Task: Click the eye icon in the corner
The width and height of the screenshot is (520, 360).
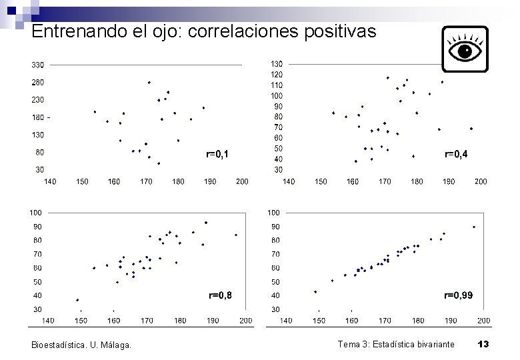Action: tap(465, 49)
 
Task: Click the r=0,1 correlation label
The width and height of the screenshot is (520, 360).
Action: tap(217, 154)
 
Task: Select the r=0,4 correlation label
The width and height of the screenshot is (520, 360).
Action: tap(456, 154)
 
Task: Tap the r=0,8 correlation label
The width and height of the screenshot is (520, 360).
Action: tap(220, 295)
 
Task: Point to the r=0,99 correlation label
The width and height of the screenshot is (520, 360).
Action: tap(458, 295)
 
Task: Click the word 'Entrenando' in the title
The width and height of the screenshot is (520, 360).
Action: tap(79, 31)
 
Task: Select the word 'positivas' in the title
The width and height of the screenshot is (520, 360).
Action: tap(340, 32)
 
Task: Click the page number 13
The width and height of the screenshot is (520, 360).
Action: tap(483, 344)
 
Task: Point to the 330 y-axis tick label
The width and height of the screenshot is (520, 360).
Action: tap(38, 65)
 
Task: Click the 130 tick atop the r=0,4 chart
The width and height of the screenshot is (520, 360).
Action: tap(277, 64)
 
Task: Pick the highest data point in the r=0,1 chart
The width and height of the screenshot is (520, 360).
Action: tap(149, 83)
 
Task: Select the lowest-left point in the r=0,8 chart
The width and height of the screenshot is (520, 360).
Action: tap(77, 300)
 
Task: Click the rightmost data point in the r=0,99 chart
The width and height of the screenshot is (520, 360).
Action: tap(474, 227)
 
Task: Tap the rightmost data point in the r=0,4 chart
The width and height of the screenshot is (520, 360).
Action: tap(471, 129)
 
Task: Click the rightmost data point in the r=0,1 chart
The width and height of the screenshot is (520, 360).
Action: tap(203, 108)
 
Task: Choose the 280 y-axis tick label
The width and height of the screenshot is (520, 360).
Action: tap(38, 82)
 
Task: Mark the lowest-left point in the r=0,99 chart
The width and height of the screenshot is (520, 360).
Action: tap(315, 292)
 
